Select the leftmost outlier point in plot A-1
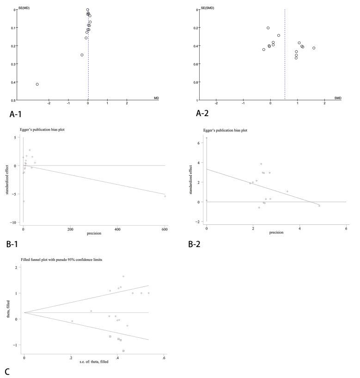pos(37,84)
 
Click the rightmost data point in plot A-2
pos(314,48)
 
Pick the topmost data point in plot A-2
pos(268,28)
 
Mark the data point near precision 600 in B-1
pos(165,196)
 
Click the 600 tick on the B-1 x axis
pos(165,228)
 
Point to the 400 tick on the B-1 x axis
pos(117,228)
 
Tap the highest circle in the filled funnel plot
pos(123,277)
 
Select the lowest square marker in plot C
pos(123,351)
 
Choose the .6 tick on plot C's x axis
pos(164,358)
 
